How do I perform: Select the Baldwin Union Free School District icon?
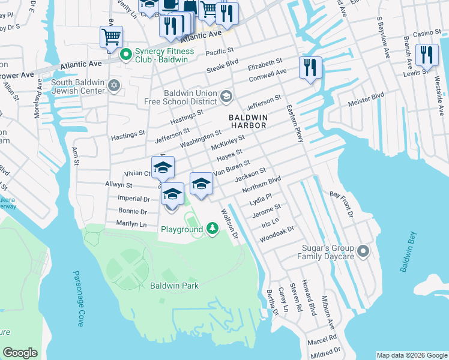(226, 96)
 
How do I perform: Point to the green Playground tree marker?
(212, 229)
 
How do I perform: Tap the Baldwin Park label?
(174, 286)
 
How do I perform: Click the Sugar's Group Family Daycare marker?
(363, 251)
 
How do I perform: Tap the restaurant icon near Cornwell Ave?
(310, 67)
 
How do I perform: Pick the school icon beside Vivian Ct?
(162, 168)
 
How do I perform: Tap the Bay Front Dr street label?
(343, 205)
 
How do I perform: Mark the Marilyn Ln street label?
(134, 224)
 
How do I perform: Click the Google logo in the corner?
(20, 352)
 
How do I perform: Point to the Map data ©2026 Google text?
(411, 355)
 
